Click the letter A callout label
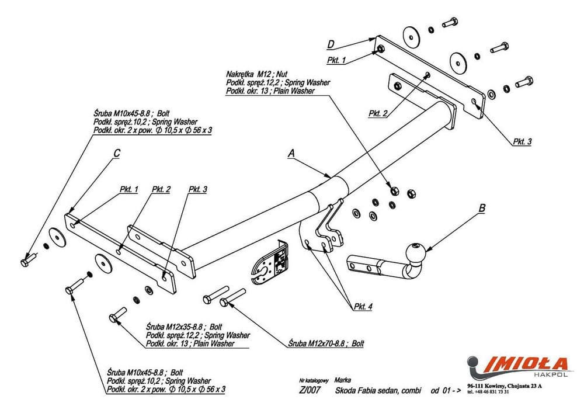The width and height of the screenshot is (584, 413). coord(291,154)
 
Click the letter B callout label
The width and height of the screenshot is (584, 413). coord(482,207)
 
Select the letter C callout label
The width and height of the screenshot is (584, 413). coord(117,154)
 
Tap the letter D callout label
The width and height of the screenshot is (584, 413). coord(331,44)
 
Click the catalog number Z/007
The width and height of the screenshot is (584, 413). coord(309,391)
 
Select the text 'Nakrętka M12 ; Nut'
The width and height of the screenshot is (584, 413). coord(257,75)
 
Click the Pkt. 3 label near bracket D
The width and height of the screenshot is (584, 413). coord(522,141)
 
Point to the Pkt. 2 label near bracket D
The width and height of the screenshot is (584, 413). coord(378,113)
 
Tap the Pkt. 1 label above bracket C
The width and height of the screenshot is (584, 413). coord(128,189)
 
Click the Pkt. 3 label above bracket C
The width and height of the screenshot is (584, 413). coord(198,189)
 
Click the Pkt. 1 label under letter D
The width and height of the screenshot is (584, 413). coord(336,60)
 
